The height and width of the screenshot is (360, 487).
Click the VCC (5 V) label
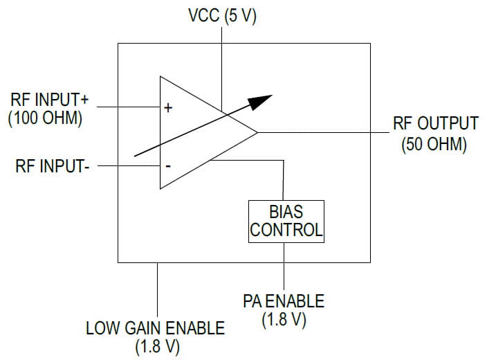pos(222,16)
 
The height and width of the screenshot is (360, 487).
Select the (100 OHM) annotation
pos(46,118)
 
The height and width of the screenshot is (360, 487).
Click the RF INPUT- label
pos(52,167)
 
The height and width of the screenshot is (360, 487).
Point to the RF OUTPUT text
pos(435,124)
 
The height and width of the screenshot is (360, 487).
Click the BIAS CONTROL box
pos(286,221)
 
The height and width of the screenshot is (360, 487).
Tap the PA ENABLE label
pos(283,301)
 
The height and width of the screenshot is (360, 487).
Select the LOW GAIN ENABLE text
pos(155,327)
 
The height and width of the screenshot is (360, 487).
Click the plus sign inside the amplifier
pos(168,108)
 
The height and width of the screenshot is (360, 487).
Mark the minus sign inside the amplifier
pos(167,166)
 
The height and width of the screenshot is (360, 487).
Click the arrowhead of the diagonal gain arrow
pos(262,100)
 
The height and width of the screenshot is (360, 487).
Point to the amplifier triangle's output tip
pos(257,132)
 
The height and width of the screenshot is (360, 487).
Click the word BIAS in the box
pos(286,211)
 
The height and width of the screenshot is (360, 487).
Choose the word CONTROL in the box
pos(286,230)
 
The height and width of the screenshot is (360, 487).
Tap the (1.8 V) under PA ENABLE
pos(284,321)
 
